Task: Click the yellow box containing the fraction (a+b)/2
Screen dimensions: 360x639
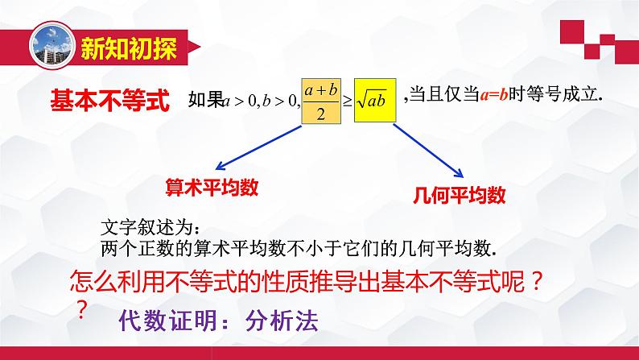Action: click(321, 102)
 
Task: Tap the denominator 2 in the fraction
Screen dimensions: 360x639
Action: click(320, 114)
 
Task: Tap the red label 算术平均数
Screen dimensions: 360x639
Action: click(211, 187)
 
